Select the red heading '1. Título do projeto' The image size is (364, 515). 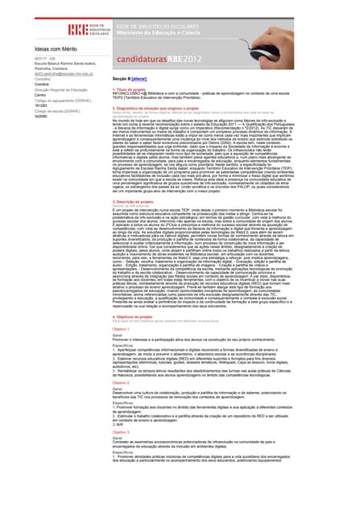130,90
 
